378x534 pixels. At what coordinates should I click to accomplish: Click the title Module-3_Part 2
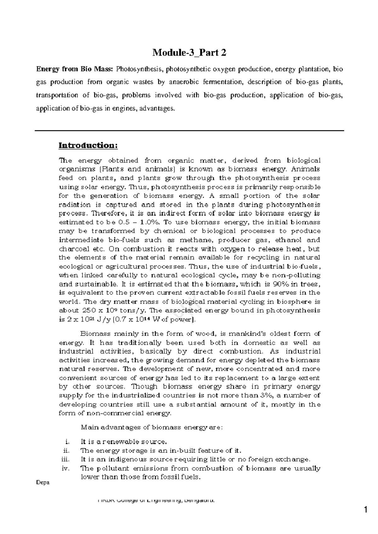tap(189, 53)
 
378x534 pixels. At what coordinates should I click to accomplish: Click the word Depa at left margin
tap(42, 483)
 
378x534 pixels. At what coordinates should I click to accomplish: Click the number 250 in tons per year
tap(91, 310)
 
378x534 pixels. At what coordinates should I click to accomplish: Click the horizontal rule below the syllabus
tap(189, 130)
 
